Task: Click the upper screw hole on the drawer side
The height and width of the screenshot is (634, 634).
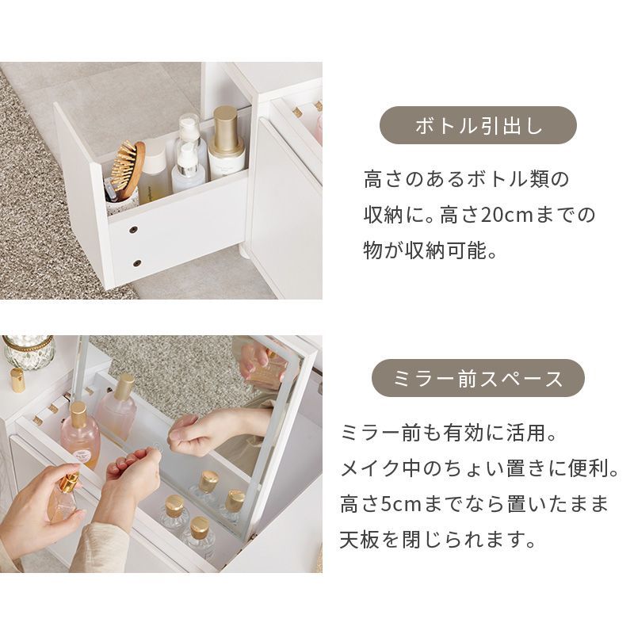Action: point(133,230)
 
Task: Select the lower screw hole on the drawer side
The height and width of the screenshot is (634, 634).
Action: point(137,263)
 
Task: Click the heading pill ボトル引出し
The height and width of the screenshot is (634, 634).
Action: point(478,125)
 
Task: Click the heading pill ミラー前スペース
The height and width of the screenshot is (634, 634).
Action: point(478,378)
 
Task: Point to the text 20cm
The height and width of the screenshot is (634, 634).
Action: point(506,215)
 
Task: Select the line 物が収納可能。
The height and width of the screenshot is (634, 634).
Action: point(430,250)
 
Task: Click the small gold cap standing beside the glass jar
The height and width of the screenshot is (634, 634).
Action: point(17,380)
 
